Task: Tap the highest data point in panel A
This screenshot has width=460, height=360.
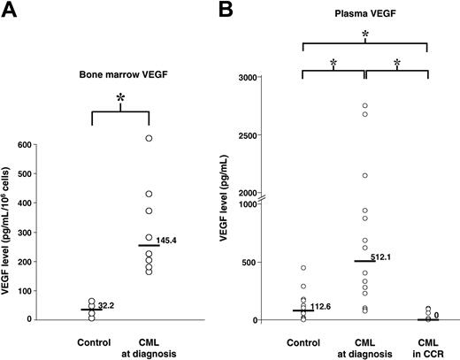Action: [x=149, y=138]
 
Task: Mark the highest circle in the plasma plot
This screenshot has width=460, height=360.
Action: [x=364, y=106]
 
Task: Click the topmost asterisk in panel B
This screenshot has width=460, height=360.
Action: [x=364, y=34]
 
